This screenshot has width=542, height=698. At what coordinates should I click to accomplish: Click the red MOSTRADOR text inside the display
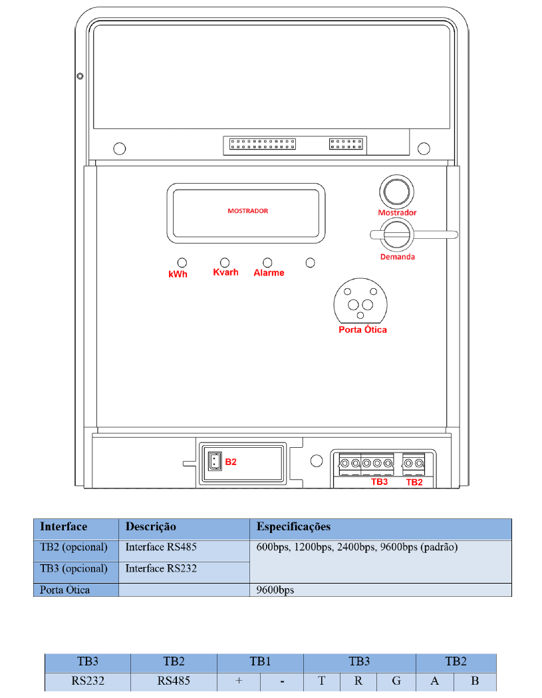(x=248, y=211)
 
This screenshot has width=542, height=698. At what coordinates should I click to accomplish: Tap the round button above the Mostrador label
(x=396, y=192)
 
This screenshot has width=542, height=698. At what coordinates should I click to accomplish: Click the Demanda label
(x=398, y=257)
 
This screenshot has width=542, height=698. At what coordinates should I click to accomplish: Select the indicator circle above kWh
(x=182, y=263)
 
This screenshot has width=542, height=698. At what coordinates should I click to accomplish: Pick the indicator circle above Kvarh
(x=225, y=263)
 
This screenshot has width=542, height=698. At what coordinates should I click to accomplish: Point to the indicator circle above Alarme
(x=267, y=263)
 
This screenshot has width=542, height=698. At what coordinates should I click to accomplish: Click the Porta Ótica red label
(x=362, y=330)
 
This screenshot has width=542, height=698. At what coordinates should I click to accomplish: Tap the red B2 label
(x=231, y=462)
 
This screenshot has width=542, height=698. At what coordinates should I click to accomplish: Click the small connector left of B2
(x=215, y=462)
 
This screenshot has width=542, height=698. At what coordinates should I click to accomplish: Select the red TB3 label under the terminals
(x=380, y=482)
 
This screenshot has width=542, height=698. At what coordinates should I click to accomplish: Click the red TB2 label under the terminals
(x=414, y=482)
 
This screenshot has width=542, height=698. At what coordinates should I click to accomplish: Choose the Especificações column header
(x=294, y=527)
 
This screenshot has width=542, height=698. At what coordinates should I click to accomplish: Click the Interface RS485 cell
(x=161, y=547)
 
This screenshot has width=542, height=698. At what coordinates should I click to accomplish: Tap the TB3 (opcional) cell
(x=74, y=569)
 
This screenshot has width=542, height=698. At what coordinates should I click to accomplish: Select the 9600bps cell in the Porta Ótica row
(x=275, y=590)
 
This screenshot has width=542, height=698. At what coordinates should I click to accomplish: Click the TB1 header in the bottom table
(x=260, y=661)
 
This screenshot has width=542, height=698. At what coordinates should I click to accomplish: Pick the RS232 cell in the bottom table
(x=88, y=681)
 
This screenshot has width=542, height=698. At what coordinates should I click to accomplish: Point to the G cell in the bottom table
(x=396, y=681)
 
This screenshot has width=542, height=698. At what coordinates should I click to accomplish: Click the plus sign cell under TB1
(x=239, y=681)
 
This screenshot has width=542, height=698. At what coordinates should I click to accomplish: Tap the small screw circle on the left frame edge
(x=80, y=76)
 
